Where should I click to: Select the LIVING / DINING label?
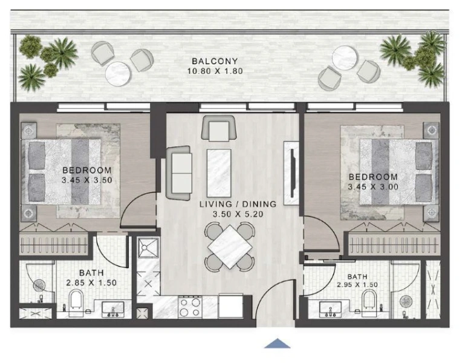[x=238, y=204]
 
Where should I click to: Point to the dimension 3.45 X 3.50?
[x=87, y=180]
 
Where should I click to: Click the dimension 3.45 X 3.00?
[x=373, y=186]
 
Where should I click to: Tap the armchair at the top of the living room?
[x=218, y=128]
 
